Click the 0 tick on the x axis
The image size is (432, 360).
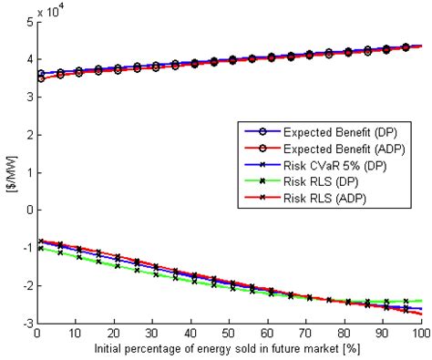[x=34, y=335]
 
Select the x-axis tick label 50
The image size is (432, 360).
[x=228, y=335]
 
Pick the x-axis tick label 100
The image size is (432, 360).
[x=420, y=335]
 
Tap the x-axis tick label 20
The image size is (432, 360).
[x=112, y=335]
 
